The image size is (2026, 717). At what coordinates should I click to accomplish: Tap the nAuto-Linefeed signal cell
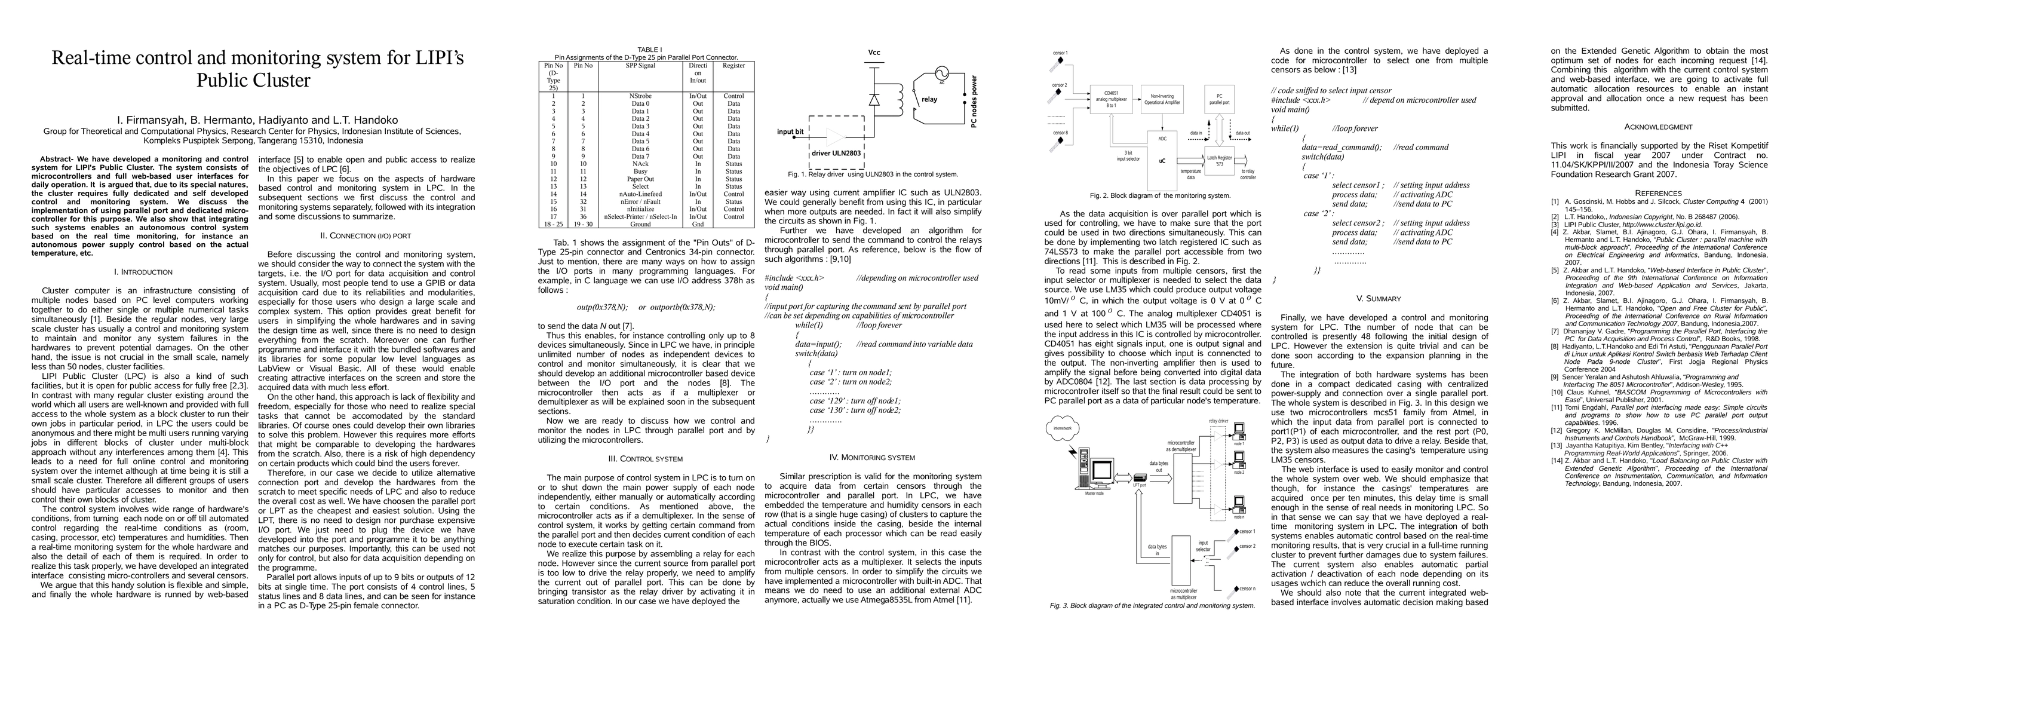640,194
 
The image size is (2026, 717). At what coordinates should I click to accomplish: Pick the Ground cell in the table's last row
640,224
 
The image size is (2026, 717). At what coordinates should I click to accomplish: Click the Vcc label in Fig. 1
874,53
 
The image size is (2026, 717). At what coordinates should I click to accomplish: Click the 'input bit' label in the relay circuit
790,132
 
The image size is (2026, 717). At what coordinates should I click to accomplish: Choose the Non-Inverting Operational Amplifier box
1162,99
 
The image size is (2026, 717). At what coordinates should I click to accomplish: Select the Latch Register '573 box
1219,161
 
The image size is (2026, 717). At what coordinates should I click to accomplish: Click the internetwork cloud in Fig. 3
1063,429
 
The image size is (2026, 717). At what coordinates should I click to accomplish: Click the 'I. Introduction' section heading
143,272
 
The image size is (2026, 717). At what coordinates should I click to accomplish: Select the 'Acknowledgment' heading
1658,127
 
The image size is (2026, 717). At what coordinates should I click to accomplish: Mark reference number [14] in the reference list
1557,461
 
